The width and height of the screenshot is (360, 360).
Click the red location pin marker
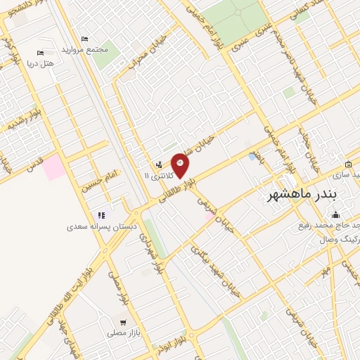pos(181,165)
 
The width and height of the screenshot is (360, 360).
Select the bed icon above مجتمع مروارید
pos(84,39)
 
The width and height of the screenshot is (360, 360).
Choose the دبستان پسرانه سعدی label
pos(101,226)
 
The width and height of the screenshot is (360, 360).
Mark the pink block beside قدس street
pos(53,167)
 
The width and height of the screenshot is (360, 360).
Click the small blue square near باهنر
pos(252,156)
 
